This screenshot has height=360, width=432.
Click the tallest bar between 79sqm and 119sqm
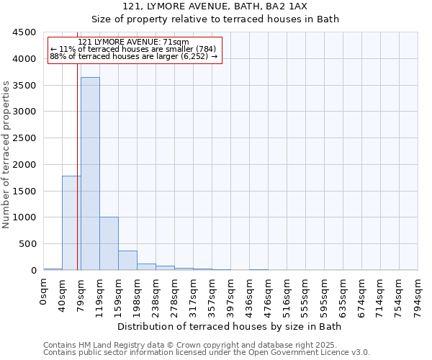[90, 173]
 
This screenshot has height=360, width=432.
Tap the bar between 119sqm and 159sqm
[109, 243]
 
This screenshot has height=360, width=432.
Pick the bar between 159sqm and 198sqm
[127, 260]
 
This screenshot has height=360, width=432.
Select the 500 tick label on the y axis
[27, 244]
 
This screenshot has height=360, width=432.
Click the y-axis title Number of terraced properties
[7, 155]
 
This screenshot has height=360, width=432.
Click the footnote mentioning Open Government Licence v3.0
[206, 353]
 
